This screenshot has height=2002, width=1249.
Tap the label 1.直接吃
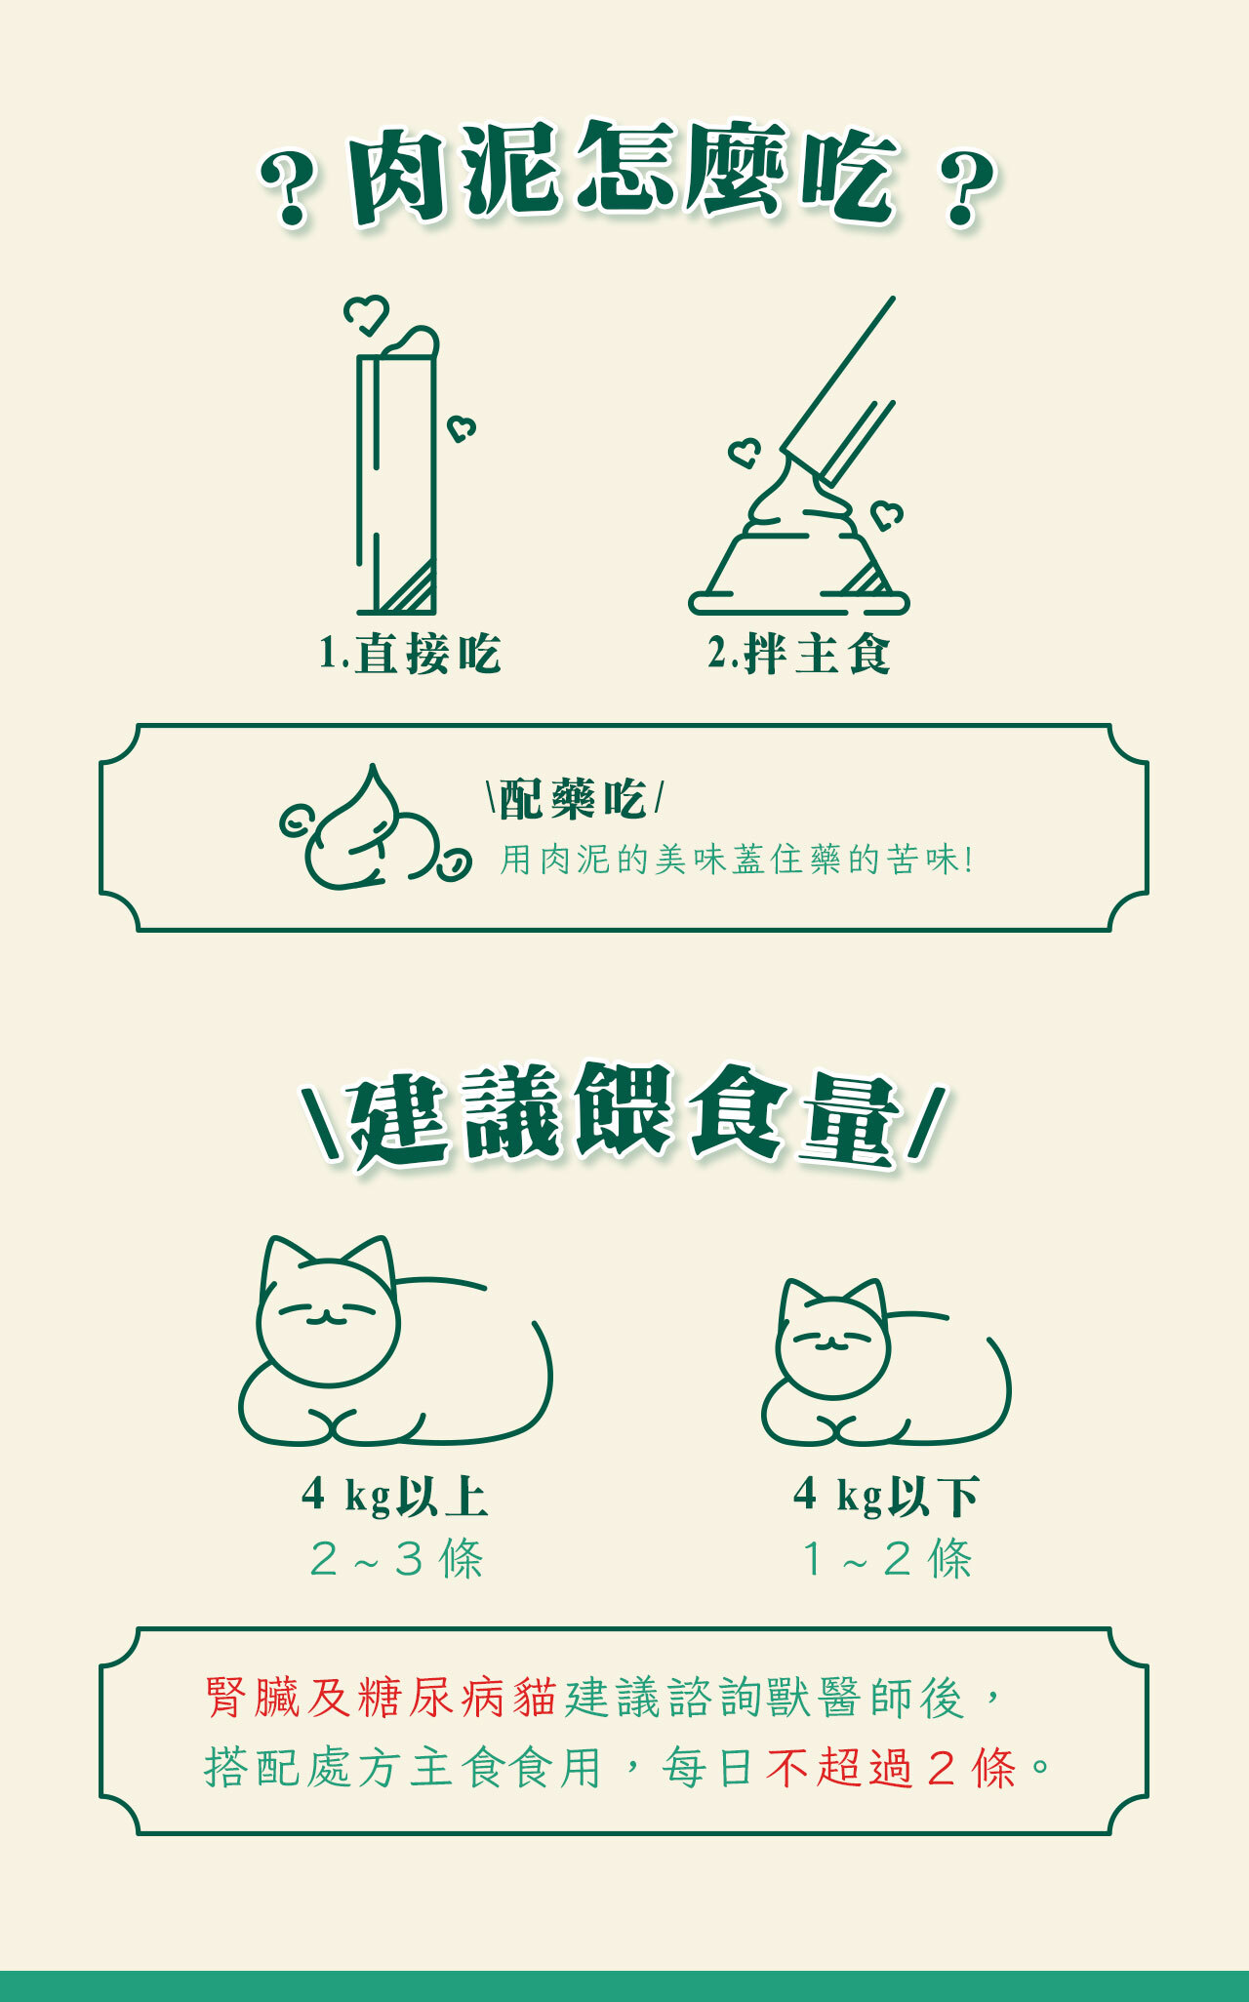(410, 654)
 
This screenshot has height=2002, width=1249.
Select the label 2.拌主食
(799, 654)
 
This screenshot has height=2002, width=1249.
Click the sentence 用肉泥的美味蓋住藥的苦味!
(738, 860)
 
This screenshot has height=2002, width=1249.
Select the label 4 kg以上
(395, 1496)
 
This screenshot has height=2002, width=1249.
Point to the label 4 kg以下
(887, 1496)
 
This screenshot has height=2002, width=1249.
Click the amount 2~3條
(396, 1558)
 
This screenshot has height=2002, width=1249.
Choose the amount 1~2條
(887, 1558)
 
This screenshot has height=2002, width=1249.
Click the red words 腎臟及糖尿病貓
(381, 1698)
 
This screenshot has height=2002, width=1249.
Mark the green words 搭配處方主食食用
(403, 1767)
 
